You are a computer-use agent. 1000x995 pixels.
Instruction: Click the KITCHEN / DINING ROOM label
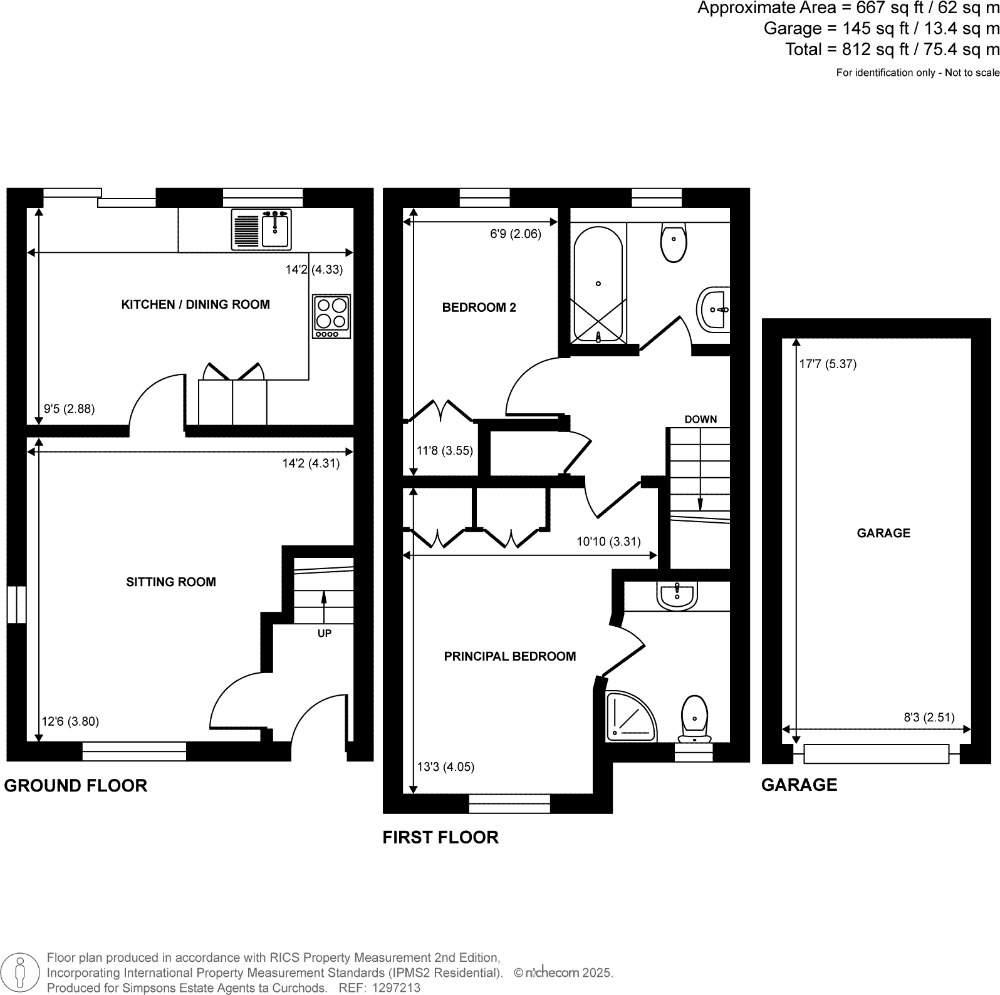coord(195,305)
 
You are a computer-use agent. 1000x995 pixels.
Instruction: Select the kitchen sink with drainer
coord(261,229)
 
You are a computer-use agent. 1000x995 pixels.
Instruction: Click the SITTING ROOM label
coord(170,582)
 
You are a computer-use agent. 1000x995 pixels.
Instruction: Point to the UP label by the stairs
coord(324,634)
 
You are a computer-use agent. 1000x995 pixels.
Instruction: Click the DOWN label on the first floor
coord(700,420)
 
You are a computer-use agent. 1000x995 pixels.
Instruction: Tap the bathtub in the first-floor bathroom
coord(598,284)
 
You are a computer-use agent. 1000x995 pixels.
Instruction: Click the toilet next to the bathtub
coord(673,244)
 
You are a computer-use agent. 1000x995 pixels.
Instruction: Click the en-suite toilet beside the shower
coord(694,718)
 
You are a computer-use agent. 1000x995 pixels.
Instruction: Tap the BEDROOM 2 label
coord(479,307)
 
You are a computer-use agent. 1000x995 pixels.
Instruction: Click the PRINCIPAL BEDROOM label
coord(509,656)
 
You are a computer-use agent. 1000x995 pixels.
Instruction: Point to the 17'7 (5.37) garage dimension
coord(827,364)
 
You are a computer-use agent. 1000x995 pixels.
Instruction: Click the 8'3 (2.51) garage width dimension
coord(929,718)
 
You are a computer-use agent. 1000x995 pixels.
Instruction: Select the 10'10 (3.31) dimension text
coord(608,542)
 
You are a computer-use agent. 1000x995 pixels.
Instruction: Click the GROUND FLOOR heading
coord(75,786)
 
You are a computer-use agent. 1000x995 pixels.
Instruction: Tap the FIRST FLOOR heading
coord(440,838)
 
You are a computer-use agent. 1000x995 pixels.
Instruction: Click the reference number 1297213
coord(397,988)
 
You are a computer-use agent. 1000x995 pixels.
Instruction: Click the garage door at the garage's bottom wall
coord(876,753)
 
